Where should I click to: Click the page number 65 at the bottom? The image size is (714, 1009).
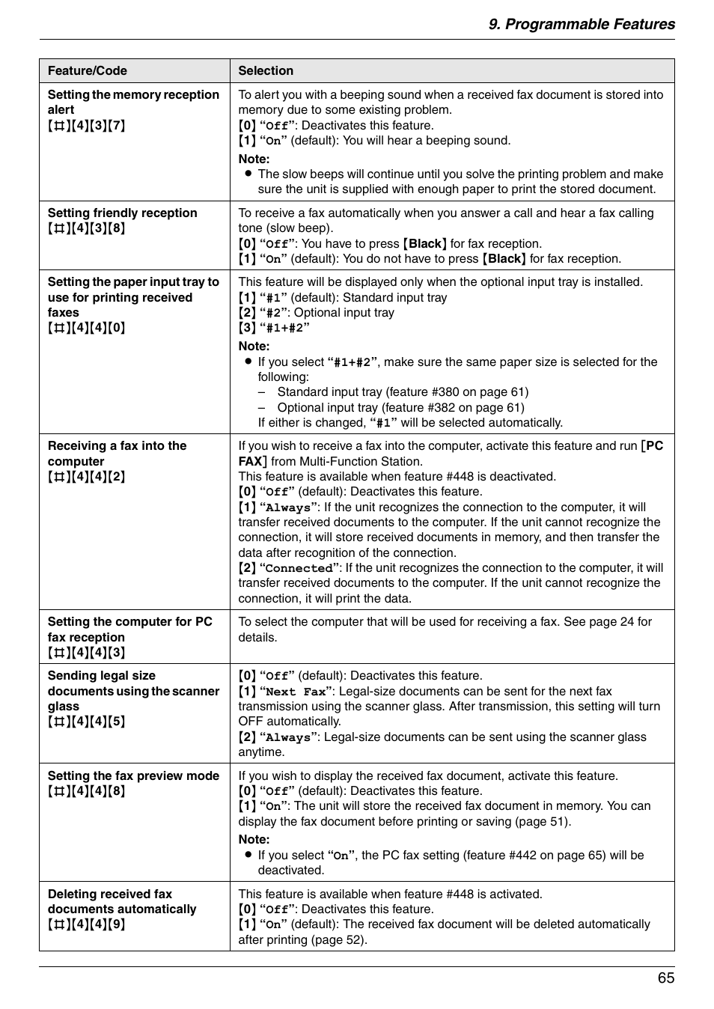pos(665,978)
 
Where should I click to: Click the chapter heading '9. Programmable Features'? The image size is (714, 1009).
pos(582,24)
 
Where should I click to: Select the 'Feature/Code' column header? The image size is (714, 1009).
pos(88,70)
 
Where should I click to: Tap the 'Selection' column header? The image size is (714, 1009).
pos(266,70)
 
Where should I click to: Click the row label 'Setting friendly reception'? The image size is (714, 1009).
pos(123,213)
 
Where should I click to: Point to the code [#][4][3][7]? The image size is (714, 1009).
pos(87,125)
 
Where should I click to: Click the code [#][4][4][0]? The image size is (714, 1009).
pos(87,328)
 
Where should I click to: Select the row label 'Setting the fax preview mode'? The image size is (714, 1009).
pos(133,775)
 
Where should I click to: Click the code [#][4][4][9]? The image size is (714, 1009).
pos(87,924)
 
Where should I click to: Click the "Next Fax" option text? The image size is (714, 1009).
pos(296,692)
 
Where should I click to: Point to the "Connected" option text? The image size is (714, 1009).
pos(299,568)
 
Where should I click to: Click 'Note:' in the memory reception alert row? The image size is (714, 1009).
pos(254,159)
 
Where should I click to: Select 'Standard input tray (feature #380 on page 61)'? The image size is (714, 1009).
pos(403,391)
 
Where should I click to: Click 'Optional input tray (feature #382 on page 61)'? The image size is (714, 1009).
pos(400,407)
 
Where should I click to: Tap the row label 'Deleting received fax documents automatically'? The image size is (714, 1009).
pos(121,901)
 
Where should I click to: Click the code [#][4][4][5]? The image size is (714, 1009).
pos(87,722)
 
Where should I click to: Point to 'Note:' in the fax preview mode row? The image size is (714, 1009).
pos(254,839)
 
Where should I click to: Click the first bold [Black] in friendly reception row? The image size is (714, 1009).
pos(424,243)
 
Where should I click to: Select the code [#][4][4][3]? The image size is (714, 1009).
pos(87,653)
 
